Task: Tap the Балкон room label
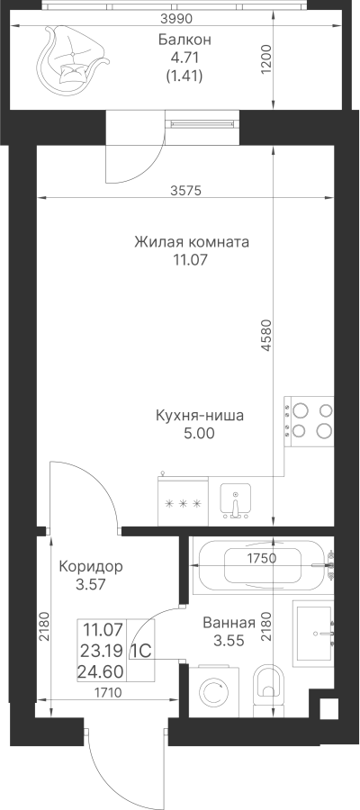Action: click(x=184, y=40)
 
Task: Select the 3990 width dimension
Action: click(x=176, y=19)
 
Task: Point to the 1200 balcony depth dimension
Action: click(x=266, y=60)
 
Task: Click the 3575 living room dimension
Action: click(x=184, y=191)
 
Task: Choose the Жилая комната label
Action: click(x=192, y=242)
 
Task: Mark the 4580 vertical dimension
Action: click(x=266, y=336)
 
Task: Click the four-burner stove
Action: click(x=309, y=421)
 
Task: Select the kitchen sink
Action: click(x=236, y=501)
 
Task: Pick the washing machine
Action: click(x=214, y=691)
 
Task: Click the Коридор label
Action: click(x=91, y=567)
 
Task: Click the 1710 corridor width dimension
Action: click(x=109, y=693)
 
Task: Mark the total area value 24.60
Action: click(x=100, y=671)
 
